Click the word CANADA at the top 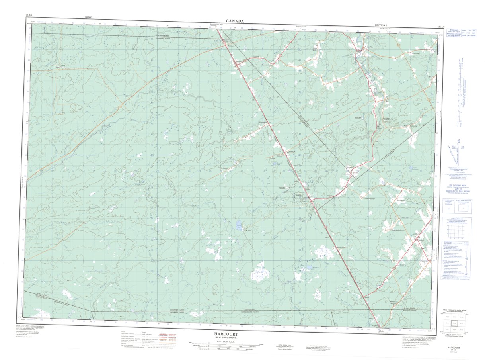[x=235, y=21]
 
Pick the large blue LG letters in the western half [x=142, y=181]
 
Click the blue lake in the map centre [x=239, y=225]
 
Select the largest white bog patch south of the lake [x=259, y=272]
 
